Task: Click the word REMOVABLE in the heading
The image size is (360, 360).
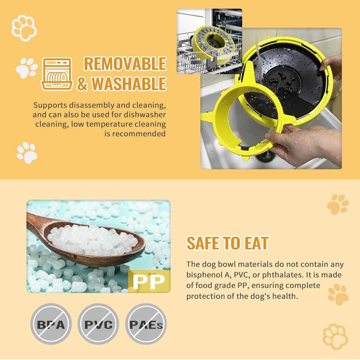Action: [x=125, y=64]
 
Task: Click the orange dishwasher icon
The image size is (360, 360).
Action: [x=57, y=74]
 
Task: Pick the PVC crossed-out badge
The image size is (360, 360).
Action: [x=98, y=325]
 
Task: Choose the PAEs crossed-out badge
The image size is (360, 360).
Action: [x=146, y=325]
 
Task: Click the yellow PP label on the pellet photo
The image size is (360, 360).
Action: [x=149, y=281]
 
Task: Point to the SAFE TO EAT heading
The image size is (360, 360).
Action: [x=227, y=243]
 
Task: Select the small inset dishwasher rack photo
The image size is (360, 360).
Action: [x=209, y=41]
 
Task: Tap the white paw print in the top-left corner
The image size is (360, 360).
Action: [x=23, y=28]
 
